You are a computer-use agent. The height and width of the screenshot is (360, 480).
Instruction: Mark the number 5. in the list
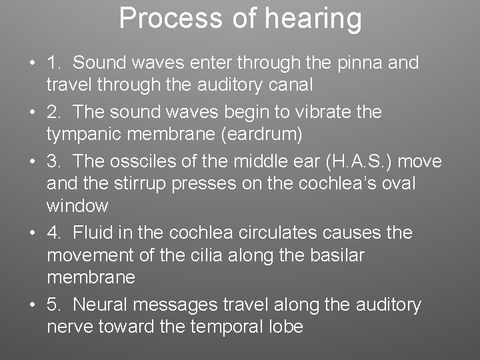click(x=55, y=305)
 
